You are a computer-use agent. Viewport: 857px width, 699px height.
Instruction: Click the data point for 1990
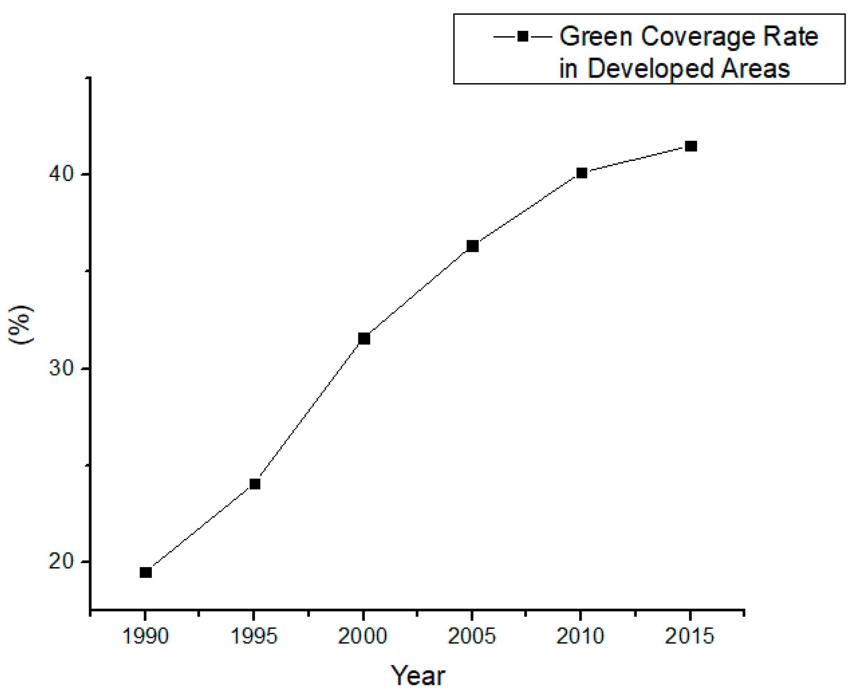[145, 572]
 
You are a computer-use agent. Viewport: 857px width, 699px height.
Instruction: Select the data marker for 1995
[255, 484]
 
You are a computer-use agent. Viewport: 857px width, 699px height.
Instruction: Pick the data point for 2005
[472, 246]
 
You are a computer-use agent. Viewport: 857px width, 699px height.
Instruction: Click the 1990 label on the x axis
[145, 637]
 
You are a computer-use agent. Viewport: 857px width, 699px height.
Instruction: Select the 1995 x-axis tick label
[254, 637]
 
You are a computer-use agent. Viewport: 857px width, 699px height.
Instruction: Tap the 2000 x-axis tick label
[363, 637]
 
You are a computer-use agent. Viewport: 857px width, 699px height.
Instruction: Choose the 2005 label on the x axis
[472, 637]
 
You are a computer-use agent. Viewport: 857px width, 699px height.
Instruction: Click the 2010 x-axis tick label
[580, 637]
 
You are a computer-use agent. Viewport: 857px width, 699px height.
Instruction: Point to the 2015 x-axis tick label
[689, 637]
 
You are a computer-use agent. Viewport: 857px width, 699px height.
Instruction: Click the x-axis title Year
[418, 676]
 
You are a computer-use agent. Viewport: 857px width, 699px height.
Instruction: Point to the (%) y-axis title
[21, 324]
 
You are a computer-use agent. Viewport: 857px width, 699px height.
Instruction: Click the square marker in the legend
[522, 37]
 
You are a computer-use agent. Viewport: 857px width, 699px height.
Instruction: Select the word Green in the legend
[596, 37]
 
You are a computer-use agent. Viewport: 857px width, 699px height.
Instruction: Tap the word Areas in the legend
[755, 68]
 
